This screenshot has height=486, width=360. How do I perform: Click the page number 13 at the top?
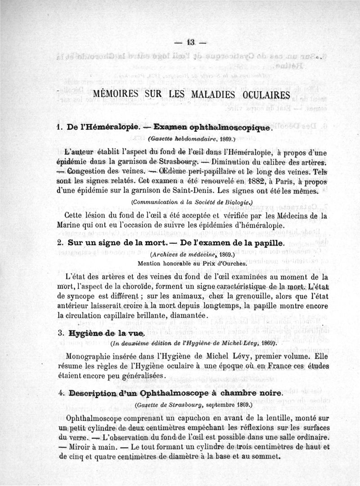point(189,43)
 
